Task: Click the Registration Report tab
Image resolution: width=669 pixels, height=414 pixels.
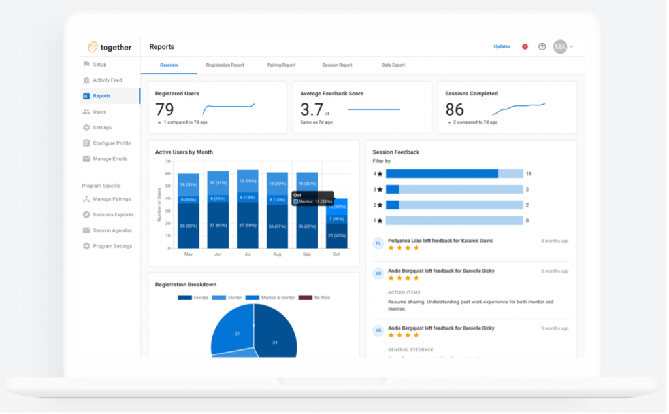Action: point(225,65)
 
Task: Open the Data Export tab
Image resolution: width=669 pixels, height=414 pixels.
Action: point(393,65)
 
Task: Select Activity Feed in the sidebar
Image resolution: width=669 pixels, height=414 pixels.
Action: point(107,80)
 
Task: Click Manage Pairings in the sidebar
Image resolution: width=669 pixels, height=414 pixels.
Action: point(112,199)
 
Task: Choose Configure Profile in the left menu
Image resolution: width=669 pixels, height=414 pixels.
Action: point(112,143)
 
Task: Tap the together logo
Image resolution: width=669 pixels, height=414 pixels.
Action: point(110,47)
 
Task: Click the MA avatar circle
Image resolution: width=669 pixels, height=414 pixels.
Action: point(560,47)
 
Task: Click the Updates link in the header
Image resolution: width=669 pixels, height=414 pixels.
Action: point(502,47)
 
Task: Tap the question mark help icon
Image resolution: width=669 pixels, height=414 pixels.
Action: point(542,47)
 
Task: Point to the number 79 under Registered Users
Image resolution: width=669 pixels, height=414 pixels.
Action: point(165,109)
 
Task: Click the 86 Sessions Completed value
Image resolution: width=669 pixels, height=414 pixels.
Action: point(455,109)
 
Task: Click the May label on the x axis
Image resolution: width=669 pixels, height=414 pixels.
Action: point(188,254)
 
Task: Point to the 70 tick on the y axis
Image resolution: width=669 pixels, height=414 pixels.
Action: point(167,162)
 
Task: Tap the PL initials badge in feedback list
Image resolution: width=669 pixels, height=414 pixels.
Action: point(378,243)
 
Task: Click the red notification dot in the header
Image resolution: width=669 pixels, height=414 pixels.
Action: point(525,47)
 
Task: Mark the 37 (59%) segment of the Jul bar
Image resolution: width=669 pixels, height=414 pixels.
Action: point(248,225)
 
